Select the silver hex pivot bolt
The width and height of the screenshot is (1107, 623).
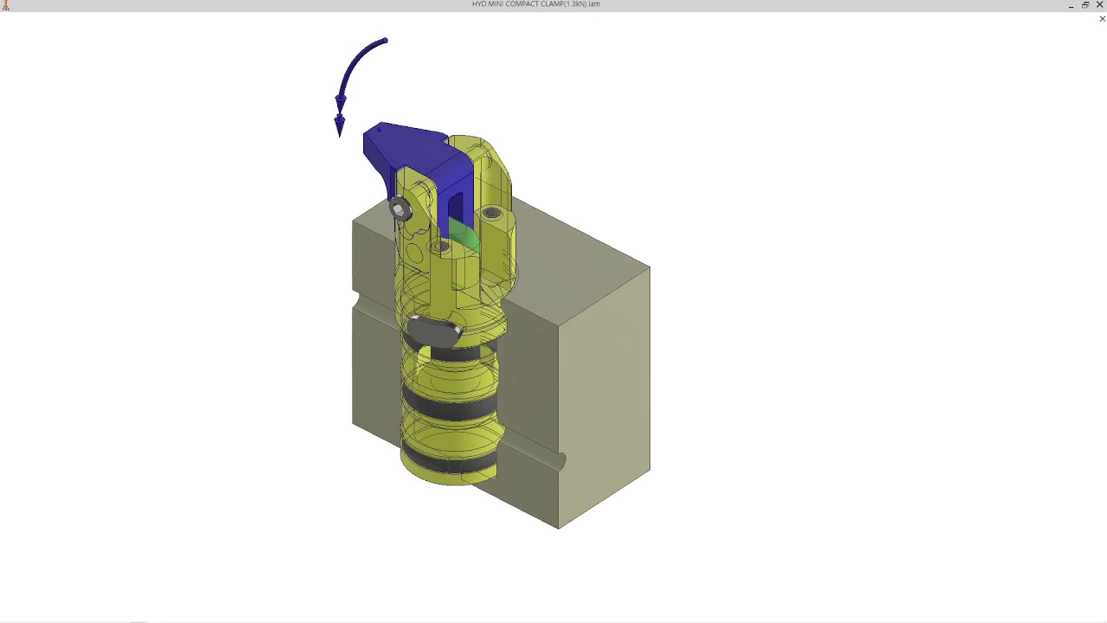399,209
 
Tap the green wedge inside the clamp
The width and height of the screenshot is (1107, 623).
464,236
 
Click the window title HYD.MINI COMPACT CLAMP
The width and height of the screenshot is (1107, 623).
535,4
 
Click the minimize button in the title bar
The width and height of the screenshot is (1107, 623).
1071,5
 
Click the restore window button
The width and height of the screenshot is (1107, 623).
1085,5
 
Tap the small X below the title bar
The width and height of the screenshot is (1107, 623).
1102,19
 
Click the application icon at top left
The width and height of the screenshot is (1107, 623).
5,5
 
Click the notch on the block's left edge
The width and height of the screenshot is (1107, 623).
356,300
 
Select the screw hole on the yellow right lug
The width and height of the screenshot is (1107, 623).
492,213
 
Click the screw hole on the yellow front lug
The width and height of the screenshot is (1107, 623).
440,247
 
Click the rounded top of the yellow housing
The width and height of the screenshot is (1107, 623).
471,147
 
